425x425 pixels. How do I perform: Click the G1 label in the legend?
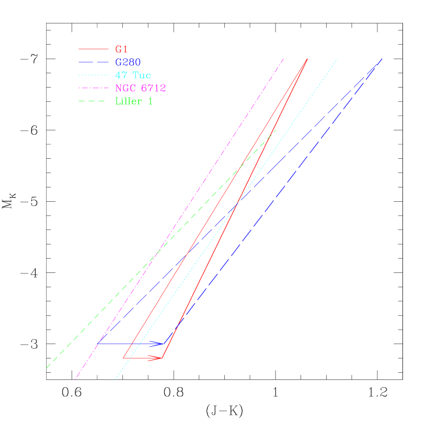coord(121,50)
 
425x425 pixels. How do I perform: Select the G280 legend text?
coord(128,62)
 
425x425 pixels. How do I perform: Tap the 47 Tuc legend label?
coord(133,75)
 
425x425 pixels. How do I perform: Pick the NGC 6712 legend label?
coord(140,88)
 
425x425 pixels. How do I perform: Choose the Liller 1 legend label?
coord(134,101)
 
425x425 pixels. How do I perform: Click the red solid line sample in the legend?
coord(93,50)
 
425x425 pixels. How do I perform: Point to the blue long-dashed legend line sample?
coord(93,62)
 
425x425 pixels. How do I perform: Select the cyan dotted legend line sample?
coord(93,75)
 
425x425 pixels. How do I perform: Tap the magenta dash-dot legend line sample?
coord(93,88)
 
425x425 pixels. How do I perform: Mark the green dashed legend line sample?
coord(93,101)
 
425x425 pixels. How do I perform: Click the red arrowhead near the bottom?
coord(157,358)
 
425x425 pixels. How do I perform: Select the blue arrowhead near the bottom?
coord(158,344)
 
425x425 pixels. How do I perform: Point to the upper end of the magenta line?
coord(284,58)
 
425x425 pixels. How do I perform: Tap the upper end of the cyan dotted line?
coord(337,59)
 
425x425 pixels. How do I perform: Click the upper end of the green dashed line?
coord(277,130)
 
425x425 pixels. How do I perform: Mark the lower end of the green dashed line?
coord(47,368)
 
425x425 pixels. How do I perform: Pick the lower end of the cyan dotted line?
coord(115,379)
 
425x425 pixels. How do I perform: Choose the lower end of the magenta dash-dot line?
coord(75,379)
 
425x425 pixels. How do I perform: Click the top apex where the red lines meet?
coord(307,59)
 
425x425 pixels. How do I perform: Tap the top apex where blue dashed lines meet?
coord(382,59)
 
